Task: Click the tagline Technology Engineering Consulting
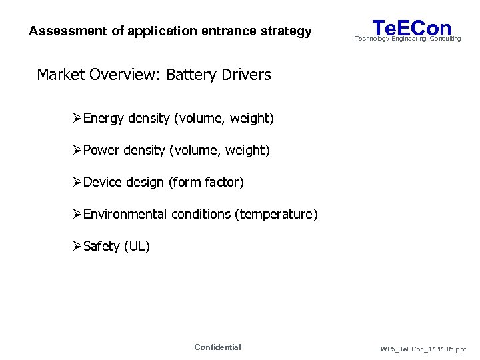point(407,39)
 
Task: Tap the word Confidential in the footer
point(217,347)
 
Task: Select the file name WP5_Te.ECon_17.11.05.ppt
point(423,349)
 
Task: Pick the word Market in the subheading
point(59,75)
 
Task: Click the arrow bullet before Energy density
point(77,119)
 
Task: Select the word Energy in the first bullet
point(103,119)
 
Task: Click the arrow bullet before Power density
point(77,151)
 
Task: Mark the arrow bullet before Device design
point(77,182)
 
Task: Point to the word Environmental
point(125,214)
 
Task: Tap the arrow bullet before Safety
point(77,246)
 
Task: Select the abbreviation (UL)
point(137,246)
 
